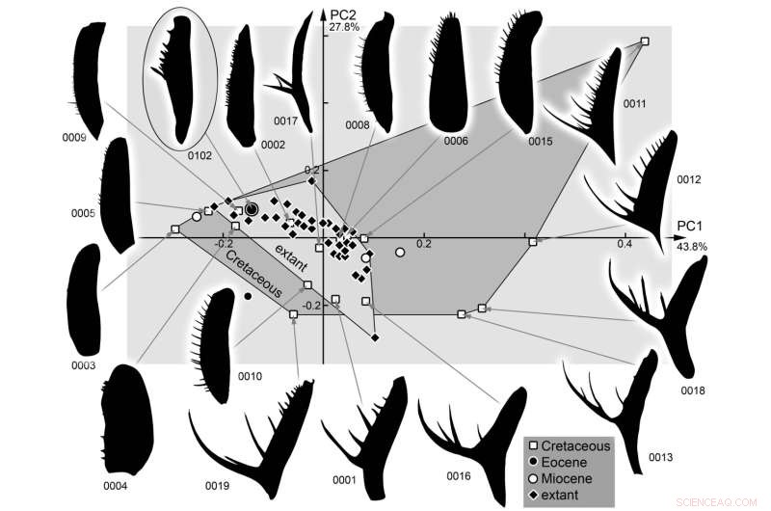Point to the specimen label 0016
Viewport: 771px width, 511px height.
[459, 475]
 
